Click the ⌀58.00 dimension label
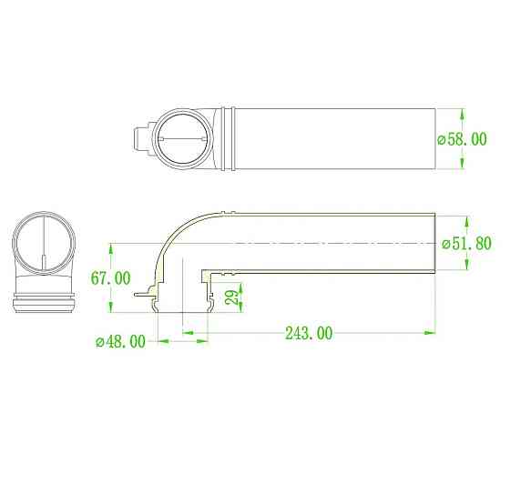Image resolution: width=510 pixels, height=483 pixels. pos(463,139)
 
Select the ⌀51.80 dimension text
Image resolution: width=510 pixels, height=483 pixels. pos(466,243)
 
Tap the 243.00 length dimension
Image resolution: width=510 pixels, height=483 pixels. pos(309,333)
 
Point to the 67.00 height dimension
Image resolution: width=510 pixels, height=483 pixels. pos(110,278)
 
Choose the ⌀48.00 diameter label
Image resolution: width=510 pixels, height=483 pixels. pos(120,341)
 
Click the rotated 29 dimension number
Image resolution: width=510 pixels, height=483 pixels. pos(233,297)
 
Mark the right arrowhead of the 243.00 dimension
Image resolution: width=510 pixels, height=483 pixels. pos(429,332)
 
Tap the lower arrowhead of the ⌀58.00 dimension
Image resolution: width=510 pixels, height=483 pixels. pos(463,163)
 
